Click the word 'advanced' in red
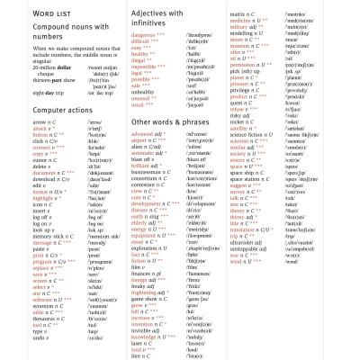pyautogui.click(x=144, y=133)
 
